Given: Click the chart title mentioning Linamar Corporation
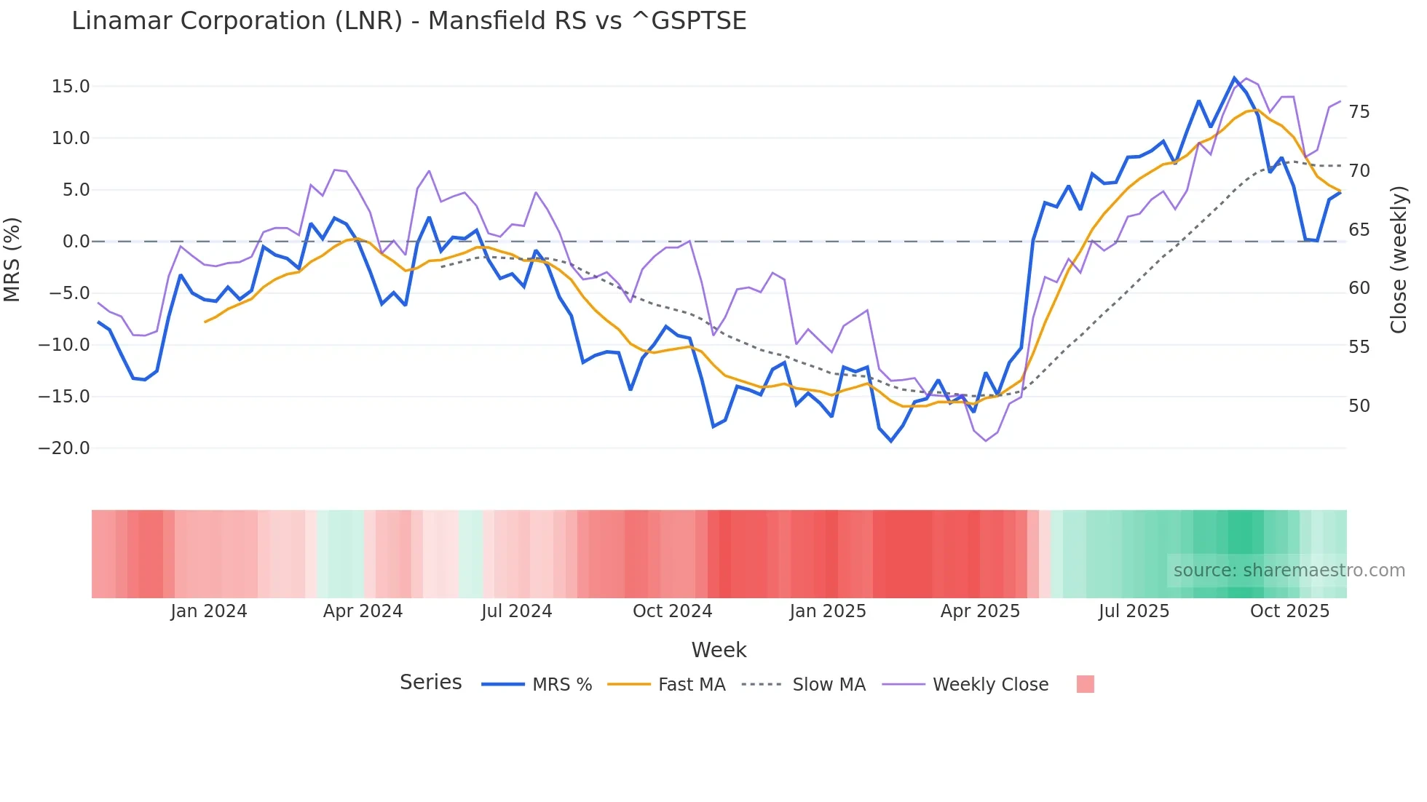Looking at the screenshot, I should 408,21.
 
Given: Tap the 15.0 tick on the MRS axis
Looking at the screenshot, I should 71,87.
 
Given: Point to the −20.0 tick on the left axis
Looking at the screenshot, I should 64,448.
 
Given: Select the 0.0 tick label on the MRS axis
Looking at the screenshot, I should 76,242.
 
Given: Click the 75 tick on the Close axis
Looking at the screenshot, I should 1359,112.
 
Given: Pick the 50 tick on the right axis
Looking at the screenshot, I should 1359,406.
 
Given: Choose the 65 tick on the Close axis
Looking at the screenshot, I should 1359,230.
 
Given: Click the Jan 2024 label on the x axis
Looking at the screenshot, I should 209,611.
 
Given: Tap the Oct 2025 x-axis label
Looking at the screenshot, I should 1289,611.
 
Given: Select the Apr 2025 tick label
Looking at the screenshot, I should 980,611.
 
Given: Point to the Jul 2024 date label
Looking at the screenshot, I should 517,611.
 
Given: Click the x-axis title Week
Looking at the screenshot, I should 719,650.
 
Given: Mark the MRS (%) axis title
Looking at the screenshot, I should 12,260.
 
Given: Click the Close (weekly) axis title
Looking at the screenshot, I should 1399,260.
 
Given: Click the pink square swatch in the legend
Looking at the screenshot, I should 1085,684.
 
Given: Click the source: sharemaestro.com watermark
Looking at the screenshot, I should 1289,571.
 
